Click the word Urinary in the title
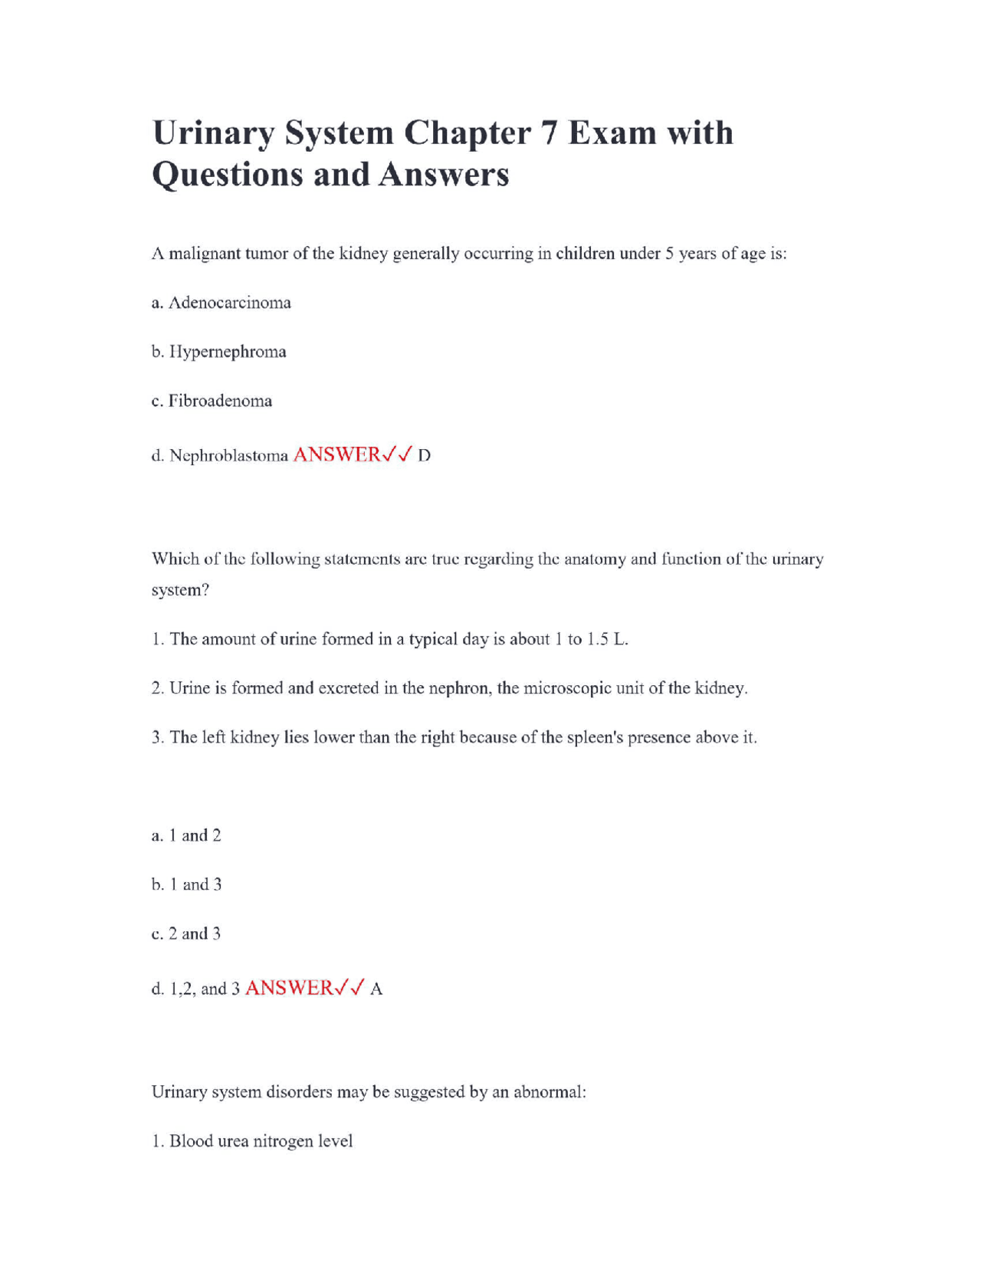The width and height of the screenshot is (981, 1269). point(213,134)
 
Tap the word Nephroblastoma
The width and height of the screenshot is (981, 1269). point(228,456)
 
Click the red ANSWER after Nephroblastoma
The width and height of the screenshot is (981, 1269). point(337,454)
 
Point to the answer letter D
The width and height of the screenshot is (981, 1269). point(424,456)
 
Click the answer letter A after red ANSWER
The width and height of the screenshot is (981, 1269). point(376,989)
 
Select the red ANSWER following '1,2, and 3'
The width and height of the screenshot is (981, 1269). point(289,988)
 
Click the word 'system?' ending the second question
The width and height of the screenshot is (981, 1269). point(180,590)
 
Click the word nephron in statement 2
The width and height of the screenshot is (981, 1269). point(459,688)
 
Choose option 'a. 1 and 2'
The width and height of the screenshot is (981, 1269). point(186,835)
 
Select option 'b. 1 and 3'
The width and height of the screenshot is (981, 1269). point(186,884)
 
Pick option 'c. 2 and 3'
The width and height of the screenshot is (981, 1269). point(186,933)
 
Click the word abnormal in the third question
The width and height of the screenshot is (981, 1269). point(549,1092)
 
